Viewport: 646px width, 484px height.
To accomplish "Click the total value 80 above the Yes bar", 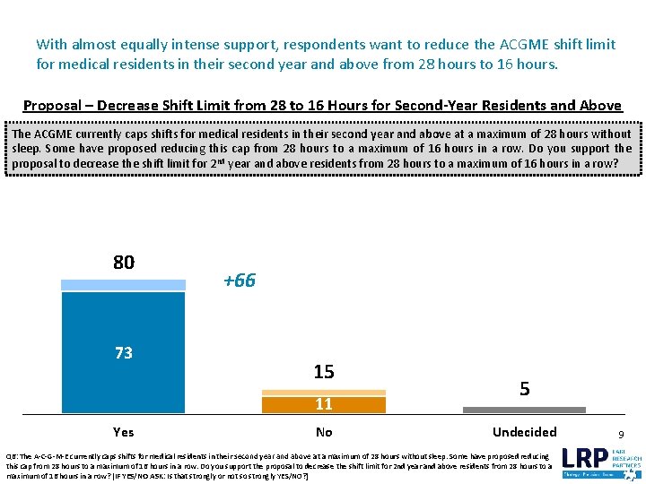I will (124, 263).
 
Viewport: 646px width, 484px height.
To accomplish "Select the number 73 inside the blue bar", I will (124, 353).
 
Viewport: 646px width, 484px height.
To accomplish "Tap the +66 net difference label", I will (240, 281).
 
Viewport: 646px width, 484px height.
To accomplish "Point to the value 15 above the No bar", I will (324, 372).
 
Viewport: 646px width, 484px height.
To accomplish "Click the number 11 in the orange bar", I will (324, 404).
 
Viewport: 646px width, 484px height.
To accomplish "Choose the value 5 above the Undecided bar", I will (524, 389).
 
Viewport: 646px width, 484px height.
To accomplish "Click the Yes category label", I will (124, 432).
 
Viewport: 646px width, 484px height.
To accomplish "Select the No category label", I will (324, 432).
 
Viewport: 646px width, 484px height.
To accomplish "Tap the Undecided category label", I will (524, 432).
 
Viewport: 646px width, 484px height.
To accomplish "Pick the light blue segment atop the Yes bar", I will (124, 285).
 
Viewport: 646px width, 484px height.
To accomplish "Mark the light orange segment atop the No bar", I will (324, 392).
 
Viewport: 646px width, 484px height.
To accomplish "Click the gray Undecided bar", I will (524, 410).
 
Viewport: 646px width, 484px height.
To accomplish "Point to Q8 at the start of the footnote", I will (12, 455).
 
